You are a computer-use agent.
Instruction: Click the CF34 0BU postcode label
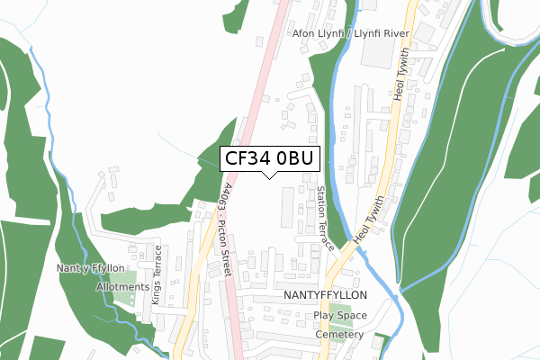269,158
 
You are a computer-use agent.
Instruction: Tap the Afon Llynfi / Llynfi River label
351,33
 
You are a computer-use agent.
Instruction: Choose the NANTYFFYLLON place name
326,295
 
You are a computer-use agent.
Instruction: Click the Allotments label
123,287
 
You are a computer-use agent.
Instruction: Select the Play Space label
340,316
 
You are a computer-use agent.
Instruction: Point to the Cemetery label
339,334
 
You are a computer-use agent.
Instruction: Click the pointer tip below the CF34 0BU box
269,177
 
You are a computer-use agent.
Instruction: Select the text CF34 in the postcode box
247,158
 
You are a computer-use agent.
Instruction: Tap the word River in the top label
393,33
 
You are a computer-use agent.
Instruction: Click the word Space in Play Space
352,316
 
